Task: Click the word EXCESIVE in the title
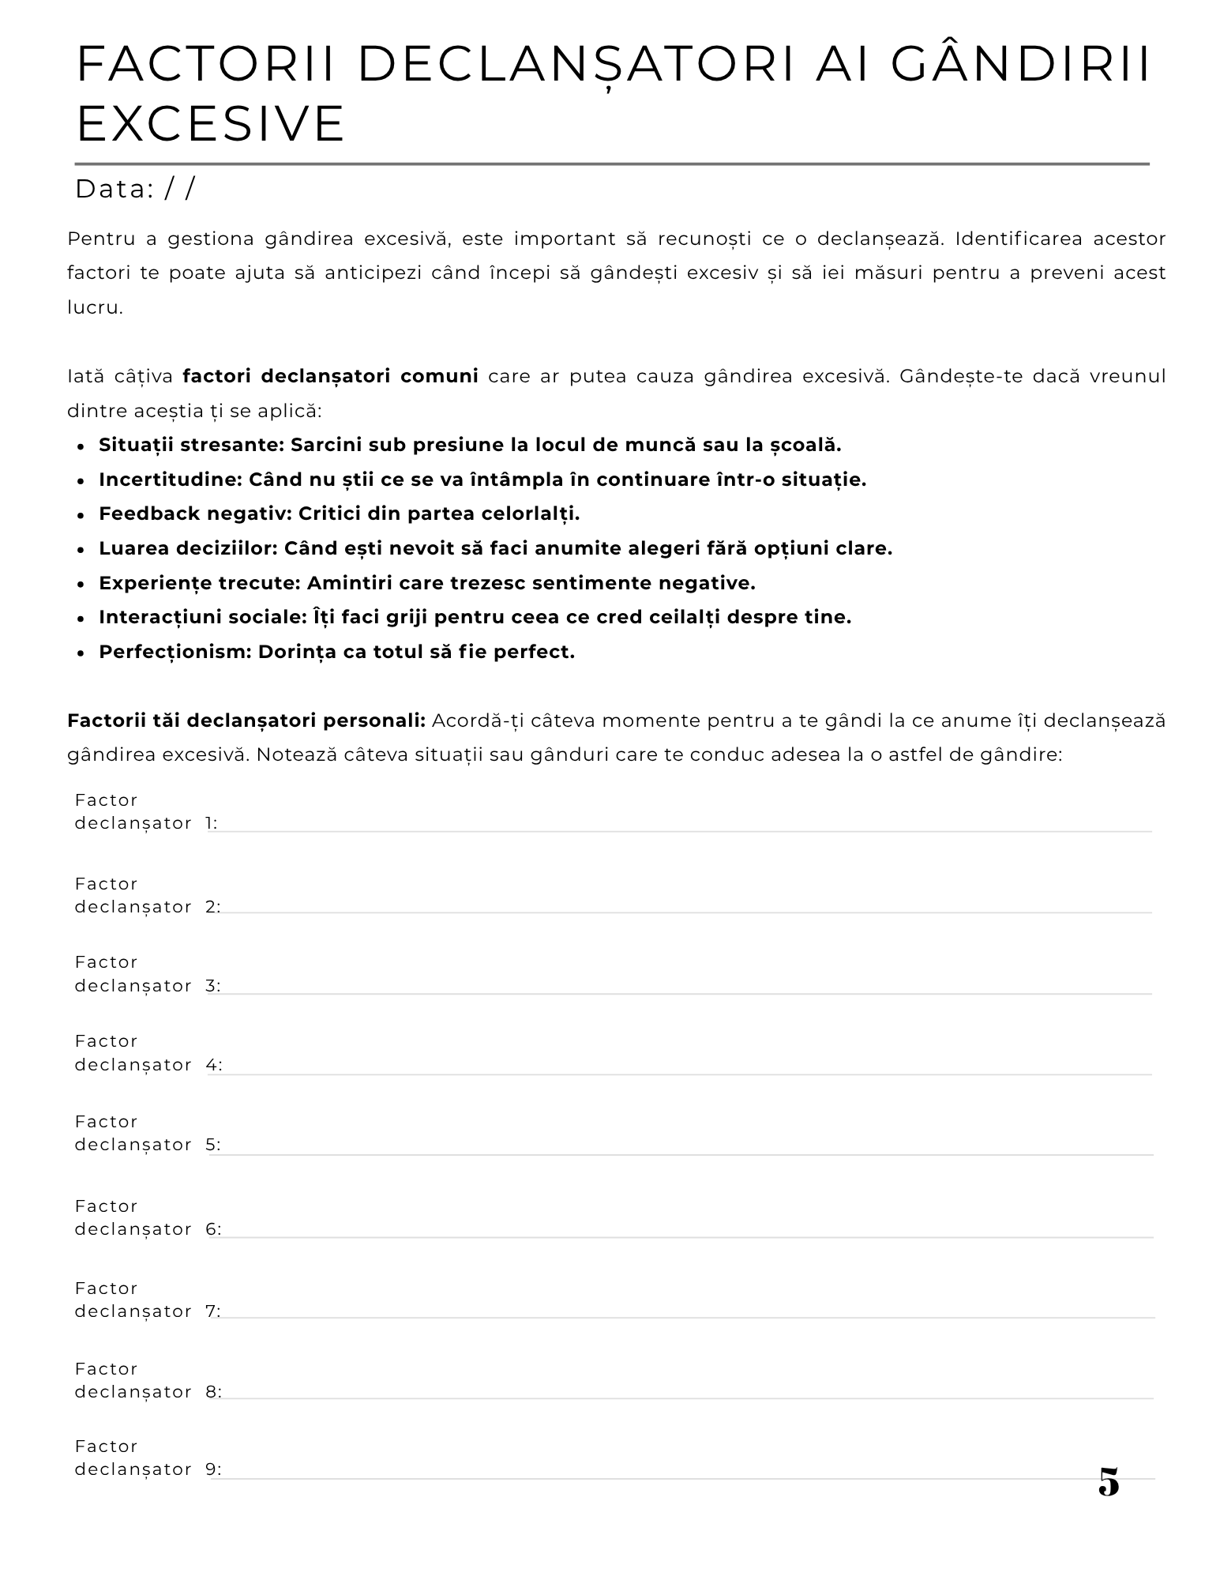[211, 123]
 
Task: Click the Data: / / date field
[135, 190]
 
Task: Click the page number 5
[1109, 1481]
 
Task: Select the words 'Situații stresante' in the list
[189, 445]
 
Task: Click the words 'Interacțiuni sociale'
[199, 617]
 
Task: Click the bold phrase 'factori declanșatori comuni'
[330, 375]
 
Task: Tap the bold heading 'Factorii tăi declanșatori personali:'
[246, 720]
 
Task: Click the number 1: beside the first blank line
[212, 823]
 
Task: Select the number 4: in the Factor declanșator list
[214, 1065]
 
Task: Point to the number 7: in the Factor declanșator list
[213, 1311]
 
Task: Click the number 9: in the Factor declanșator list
[213, 1469]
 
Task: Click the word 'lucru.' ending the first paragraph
[96, 307]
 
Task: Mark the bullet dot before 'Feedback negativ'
[81, 515]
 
